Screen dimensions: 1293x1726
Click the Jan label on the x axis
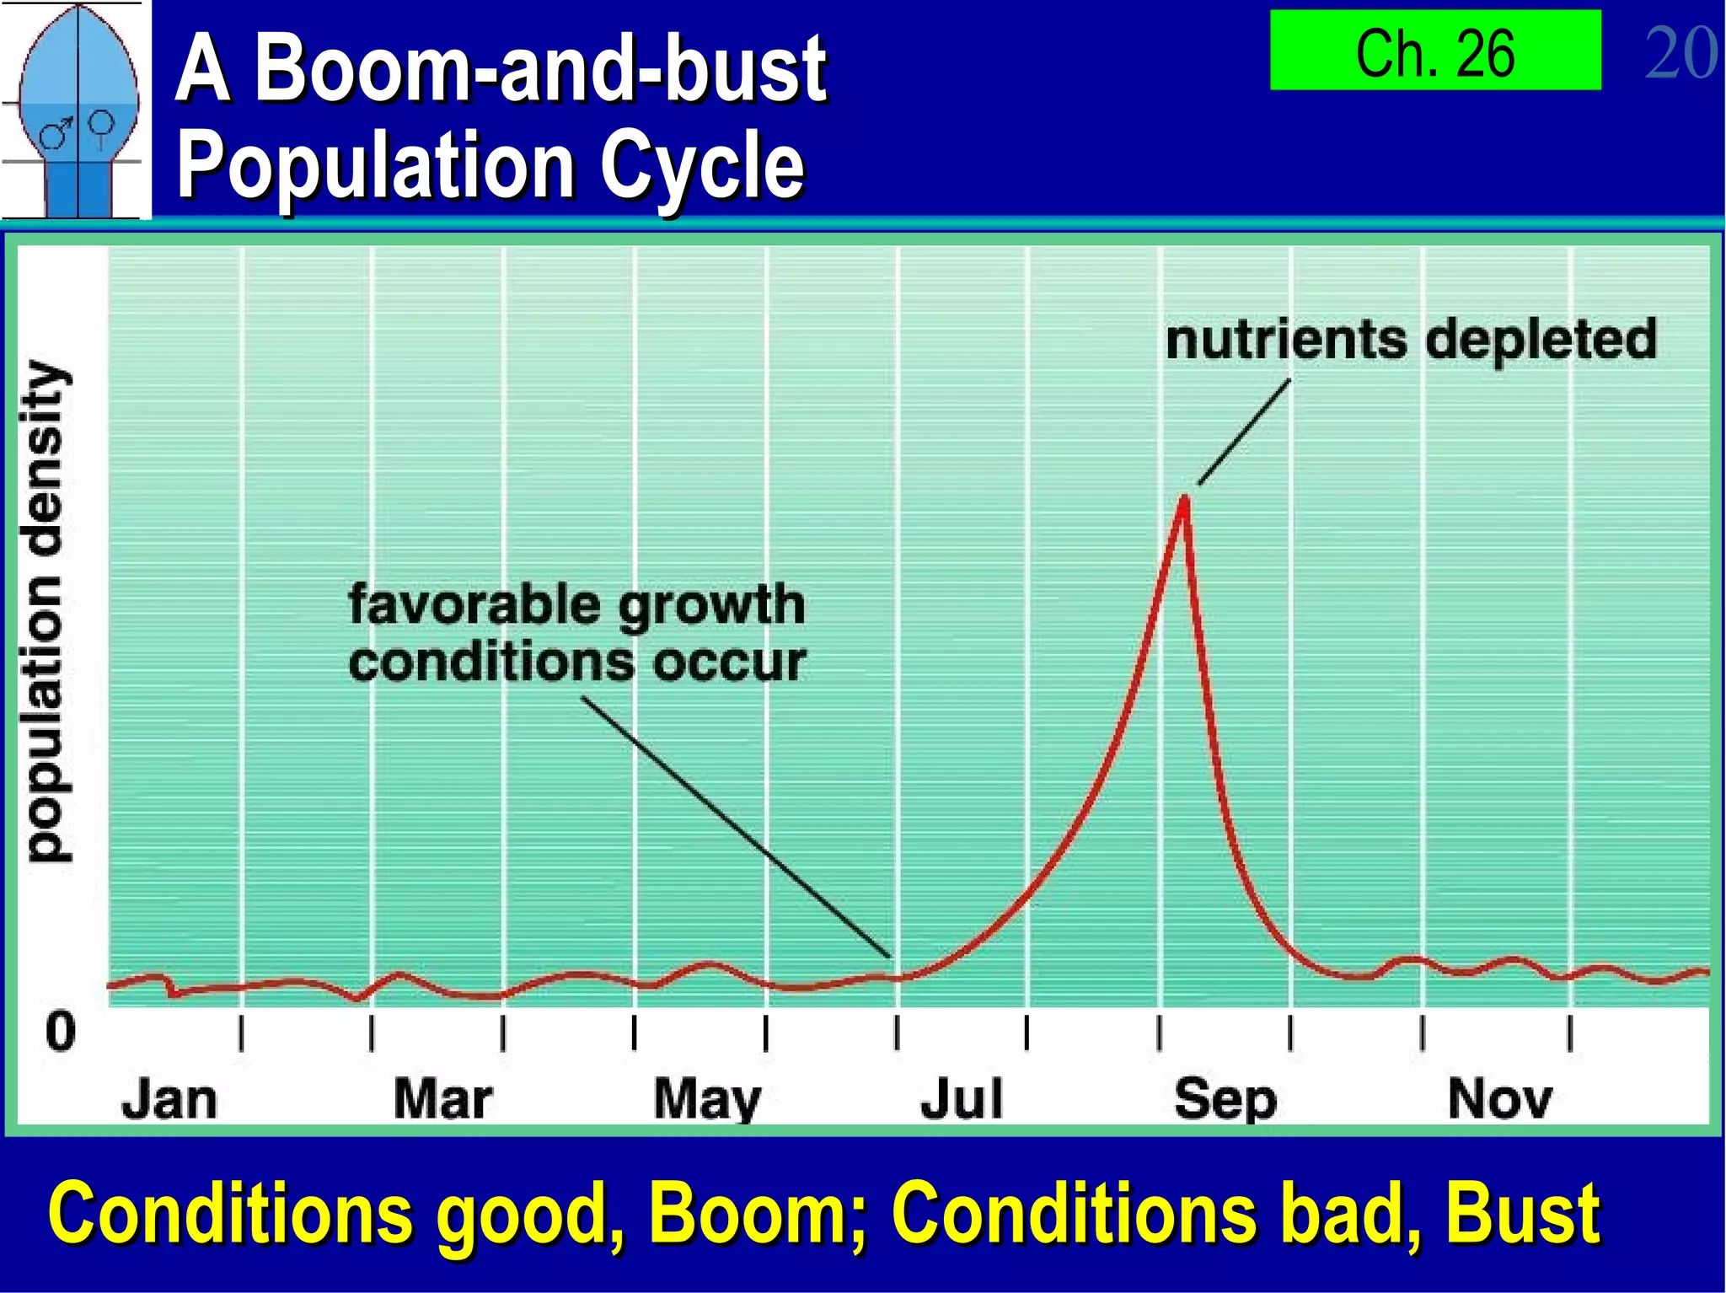(x=169, y=1100)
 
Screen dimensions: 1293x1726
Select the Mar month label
(x=442, y=1100)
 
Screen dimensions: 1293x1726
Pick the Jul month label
(x=962, y=1100)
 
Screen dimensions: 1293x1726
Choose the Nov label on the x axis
(x=1499, y=1100)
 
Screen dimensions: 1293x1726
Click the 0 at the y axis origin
(x=60, y=1032)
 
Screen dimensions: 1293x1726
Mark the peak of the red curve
(x=1184, y=499)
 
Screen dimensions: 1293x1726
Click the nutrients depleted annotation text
(x=1411, y=340)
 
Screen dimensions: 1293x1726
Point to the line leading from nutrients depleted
(x=1244, y=432)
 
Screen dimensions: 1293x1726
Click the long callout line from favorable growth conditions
(x=735, y=827)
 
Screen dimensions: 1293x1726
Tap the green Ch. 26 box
(x=1434, y=51)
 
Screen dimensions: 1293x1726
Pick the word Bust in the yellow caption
(x=1522, y=1214)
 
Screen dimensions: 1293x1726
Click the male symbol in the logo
(x=56, y=133)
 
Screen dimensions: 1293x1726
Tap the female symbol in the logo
(x=101, y=126)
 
